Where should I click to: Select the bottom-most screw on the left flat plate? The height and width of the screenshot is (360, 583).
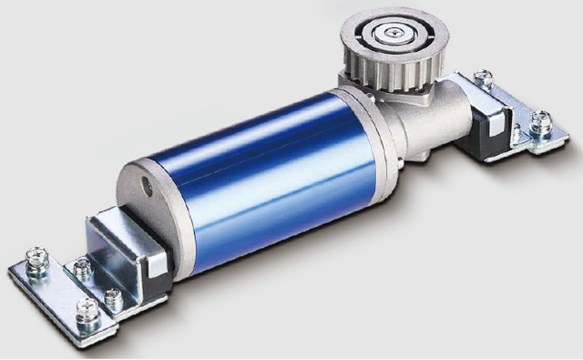pos(88,313)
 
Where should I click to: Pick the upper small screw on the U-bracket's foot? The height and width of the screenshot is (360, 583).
pos(81,268)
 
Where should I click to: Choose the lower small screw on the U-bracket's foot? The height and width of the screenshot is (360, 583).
pos(113,297)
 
